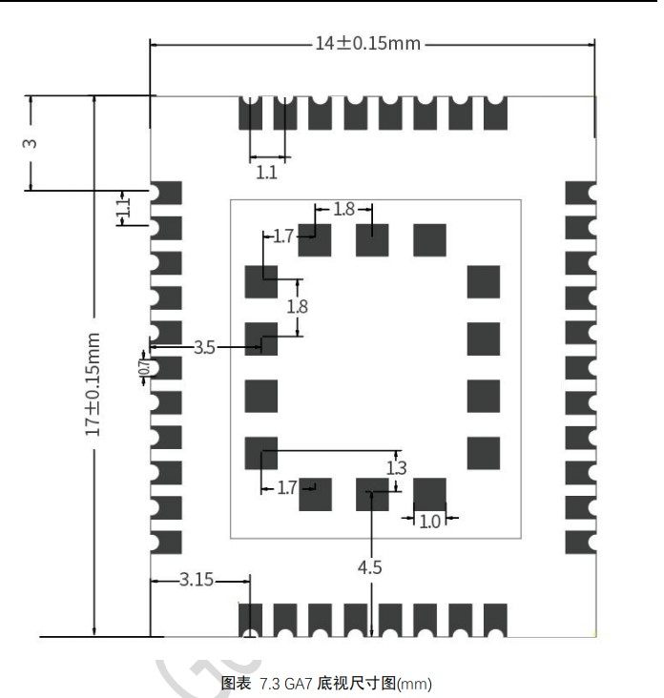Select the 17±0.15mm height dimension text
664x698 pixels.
point(93,383)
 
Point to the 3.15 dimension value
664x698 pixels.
point(197,580)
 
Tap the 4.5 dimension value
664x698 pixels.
point(370,567)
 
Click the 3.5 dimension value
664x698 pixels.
point(204,348)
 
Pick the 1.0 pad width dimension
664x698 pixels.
point(430,521)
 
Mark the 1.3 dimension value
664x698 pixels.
point(397,467)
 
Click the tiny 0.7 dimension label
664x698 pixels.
point(144,366)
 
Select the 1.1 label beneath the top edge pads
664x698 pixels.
point(267,173)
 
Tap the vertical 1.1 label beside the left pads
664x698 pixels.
point(122,207)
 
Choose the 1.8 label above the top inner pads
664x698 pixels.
point(343,208)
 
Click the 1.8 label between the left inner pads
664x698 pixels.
point(298,307)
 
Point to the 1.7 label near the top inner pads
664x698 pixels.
point(283,236)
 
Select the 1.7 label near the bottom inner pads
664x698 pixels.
point(287,488)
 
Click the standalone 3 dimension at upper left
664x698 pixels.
point(30,143)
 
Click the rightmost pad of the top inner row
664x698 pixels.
point(430,239)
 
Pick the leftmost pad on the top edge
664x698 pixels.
point(250,113)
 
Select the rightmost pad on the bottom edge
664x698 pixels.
point(495,620)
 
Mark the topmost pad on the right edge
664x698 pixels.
point(579,193)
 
